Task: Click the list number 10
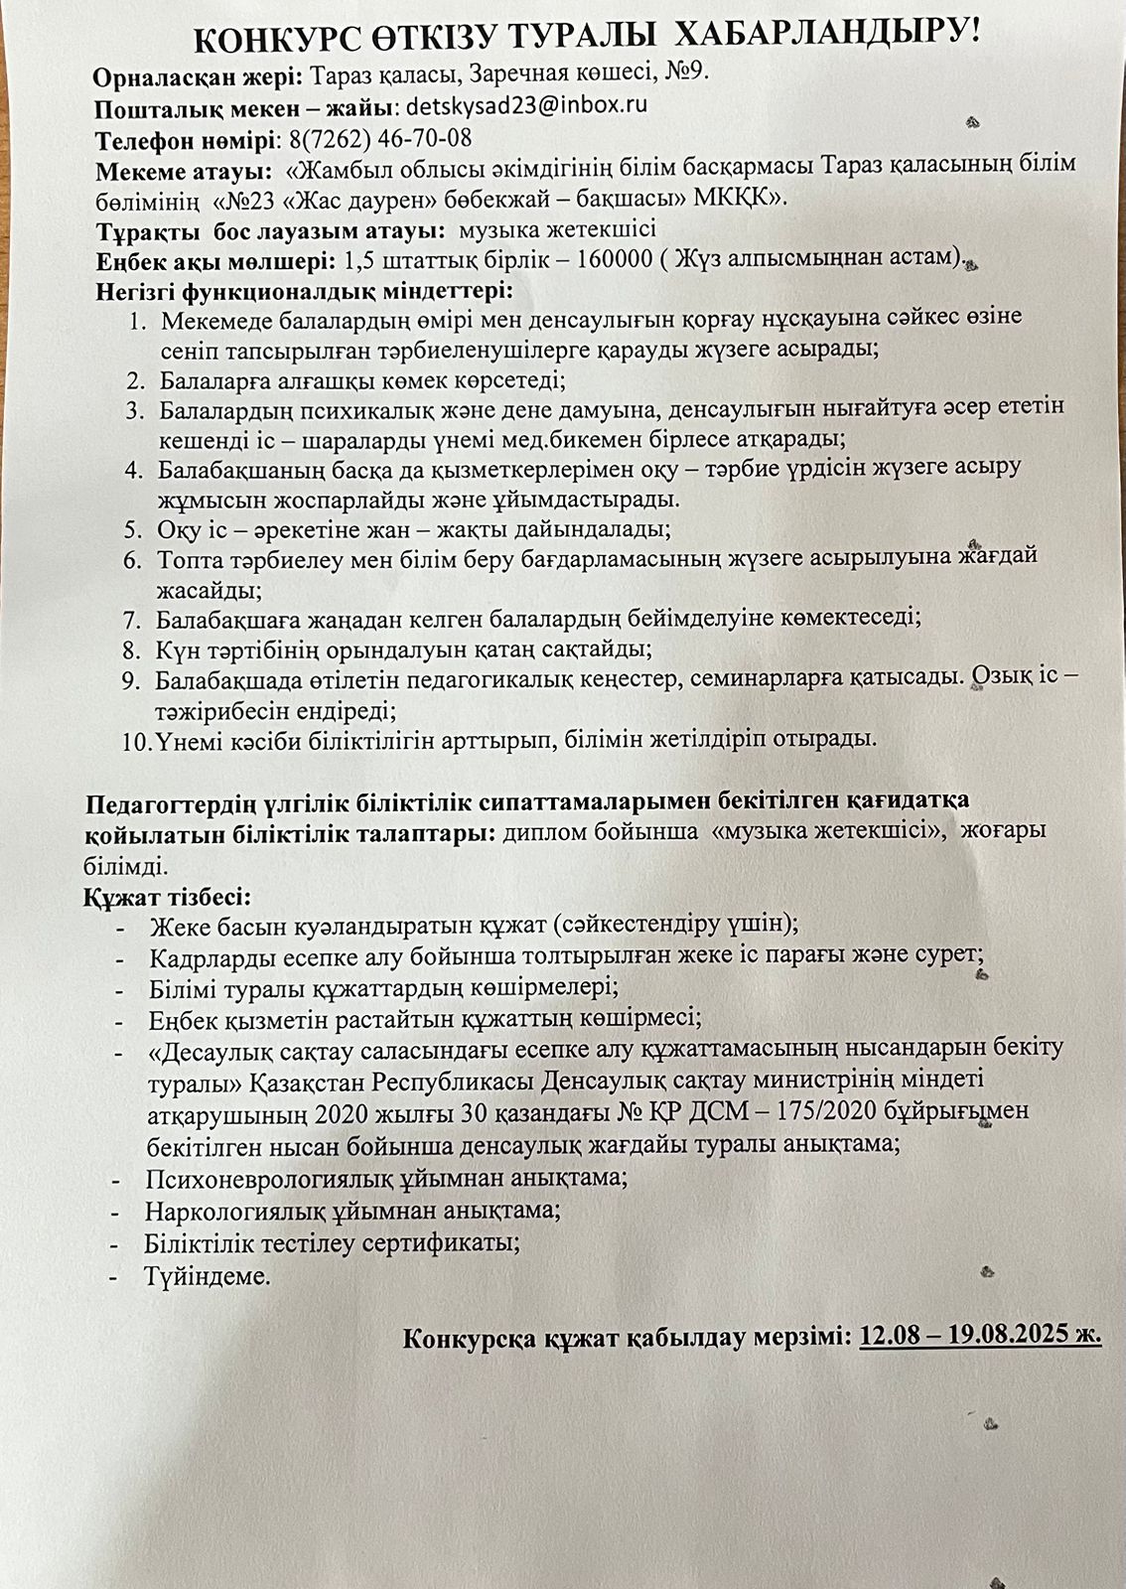click(x=136, y=740)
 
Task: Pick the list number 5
click(x=134, y=530)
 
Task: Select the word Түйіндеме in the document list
click(x=207, y=1275)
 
